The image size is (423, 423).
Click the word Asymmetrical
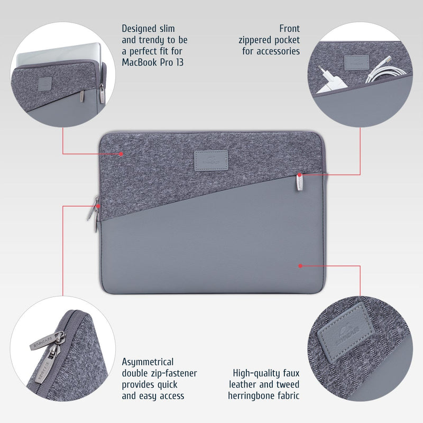(148, 362)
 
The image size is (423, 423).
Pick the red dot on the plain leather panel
(300, 265)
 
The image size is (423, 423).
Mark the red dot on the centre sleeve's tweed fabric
(122, 154)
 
